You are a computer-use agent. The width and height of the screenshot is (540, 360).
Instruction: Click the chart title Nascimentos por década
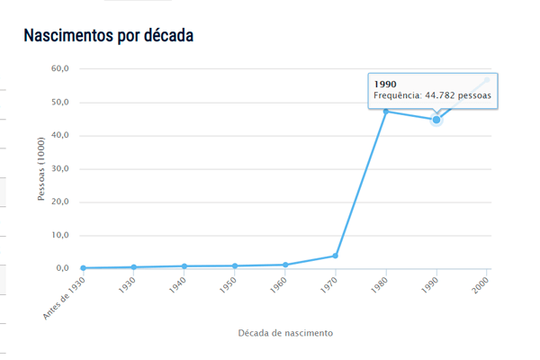108,36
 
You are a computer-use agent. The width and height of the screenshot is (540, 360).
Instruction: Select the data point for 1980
386,112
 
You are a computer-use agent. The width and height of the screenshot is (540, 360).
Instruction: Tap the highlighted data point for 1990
436,120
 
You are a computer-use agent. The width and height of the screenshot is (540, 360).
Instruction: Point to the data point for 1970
336,256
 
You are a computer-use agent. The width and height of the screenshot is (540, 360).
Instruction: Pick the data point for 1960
285,265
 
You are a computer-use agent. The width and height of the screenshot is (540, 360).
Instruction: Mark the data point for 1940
184,266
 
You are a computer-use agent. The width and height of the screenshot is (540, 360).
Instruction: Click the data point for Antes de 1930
84,268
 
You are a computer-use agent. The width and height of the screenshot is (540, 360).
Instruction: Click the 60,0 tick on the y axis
60,69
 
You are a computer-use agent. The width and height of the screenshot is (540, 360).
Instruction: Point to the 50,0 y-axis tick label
60,103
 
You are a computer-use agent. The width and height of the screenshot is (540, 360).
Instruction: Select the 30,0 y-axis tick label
60,169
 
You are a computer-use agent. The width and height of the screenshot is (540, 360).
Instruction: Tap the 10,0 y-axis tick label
60,236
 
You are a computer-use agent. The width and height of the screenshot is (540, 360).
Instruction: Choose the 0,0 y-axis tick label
63,268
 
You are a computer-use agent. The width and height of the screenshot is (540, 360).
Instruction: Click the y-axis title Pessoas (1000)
41,169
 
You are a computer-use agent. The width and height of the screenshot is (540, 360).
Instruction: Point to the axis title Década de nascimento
285,333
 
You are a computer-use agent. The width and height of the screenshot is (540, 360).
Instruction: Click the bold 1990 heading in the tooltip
385,85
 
